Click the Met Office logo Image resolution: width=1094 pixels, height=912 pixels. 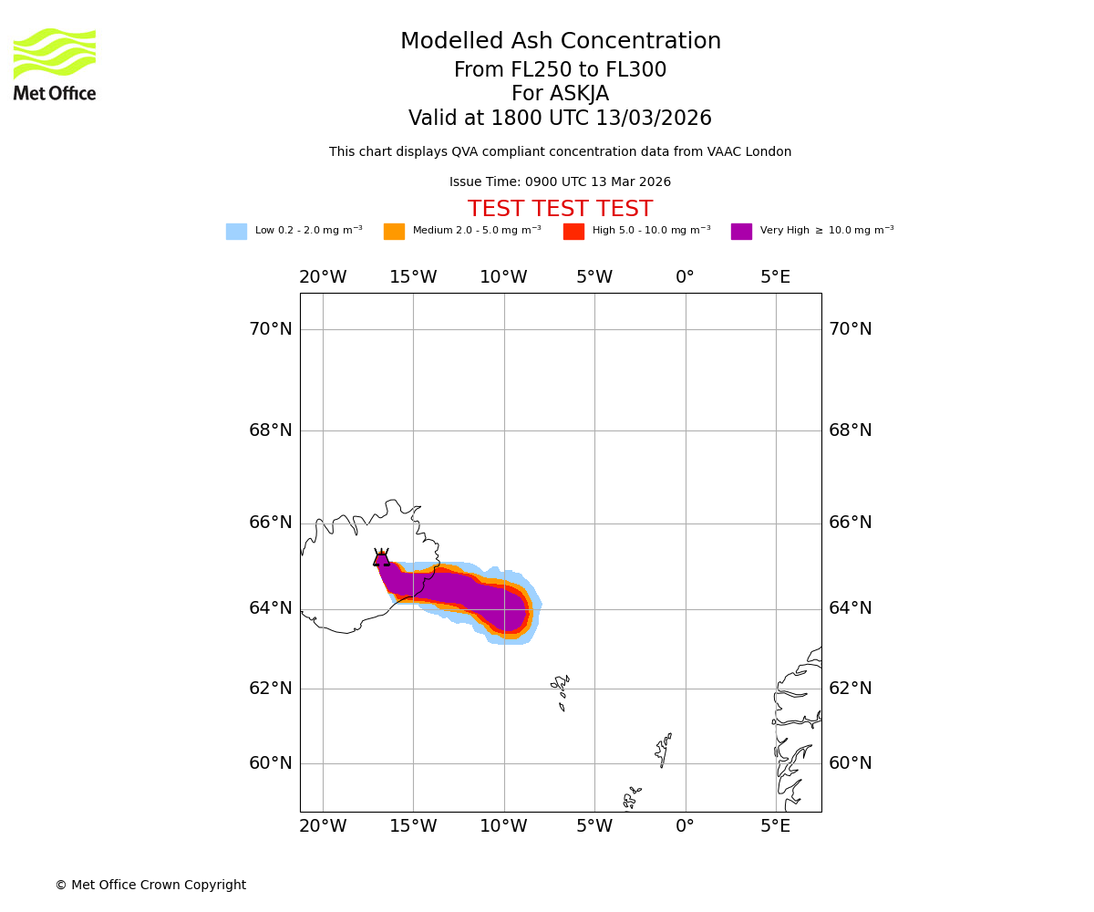[55, 64]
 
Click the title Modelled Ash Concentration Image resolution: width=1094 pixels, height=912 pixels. [560, 42]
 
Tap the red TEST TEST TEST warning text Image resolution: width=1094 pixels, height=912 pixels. [560, 210]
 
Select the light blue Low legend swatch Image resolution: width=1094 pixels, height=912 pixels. [236, 232]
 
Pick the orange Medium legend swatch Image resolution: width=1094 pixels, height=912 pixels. [394, 232]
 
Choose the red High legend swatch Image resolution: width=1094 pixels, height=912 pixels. [573, 232]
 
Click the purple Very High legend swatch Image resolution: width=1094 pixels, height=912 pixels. [741, 232]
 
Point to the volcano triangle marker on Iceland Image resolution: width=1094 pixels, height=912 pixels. [381, 558]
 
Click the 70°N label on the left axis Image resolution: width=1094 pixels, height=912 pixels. [271, 329]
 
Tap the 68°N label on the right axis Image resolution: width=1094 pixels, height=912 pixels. [850, 430]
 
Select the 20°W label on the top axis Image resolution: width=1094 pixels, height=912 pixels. [323, 277]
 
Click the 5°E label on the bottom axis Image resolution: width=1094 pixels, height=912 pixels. [776, 826]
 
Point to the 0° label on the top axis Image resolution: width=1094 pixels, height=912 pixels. [685, 277]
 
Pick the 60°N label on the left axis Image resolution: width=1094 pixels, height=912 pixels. [271, 763]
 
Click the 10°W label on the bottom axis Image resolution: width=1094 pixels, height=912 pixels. [503, 826]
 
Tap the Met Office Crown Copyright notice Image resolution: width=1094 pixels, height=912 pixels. [150, 886]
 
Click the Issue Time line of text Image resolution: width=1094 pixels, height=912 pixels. [560, 182]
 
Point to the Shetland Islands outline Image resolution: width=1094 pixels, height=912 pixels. [664, 751]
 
